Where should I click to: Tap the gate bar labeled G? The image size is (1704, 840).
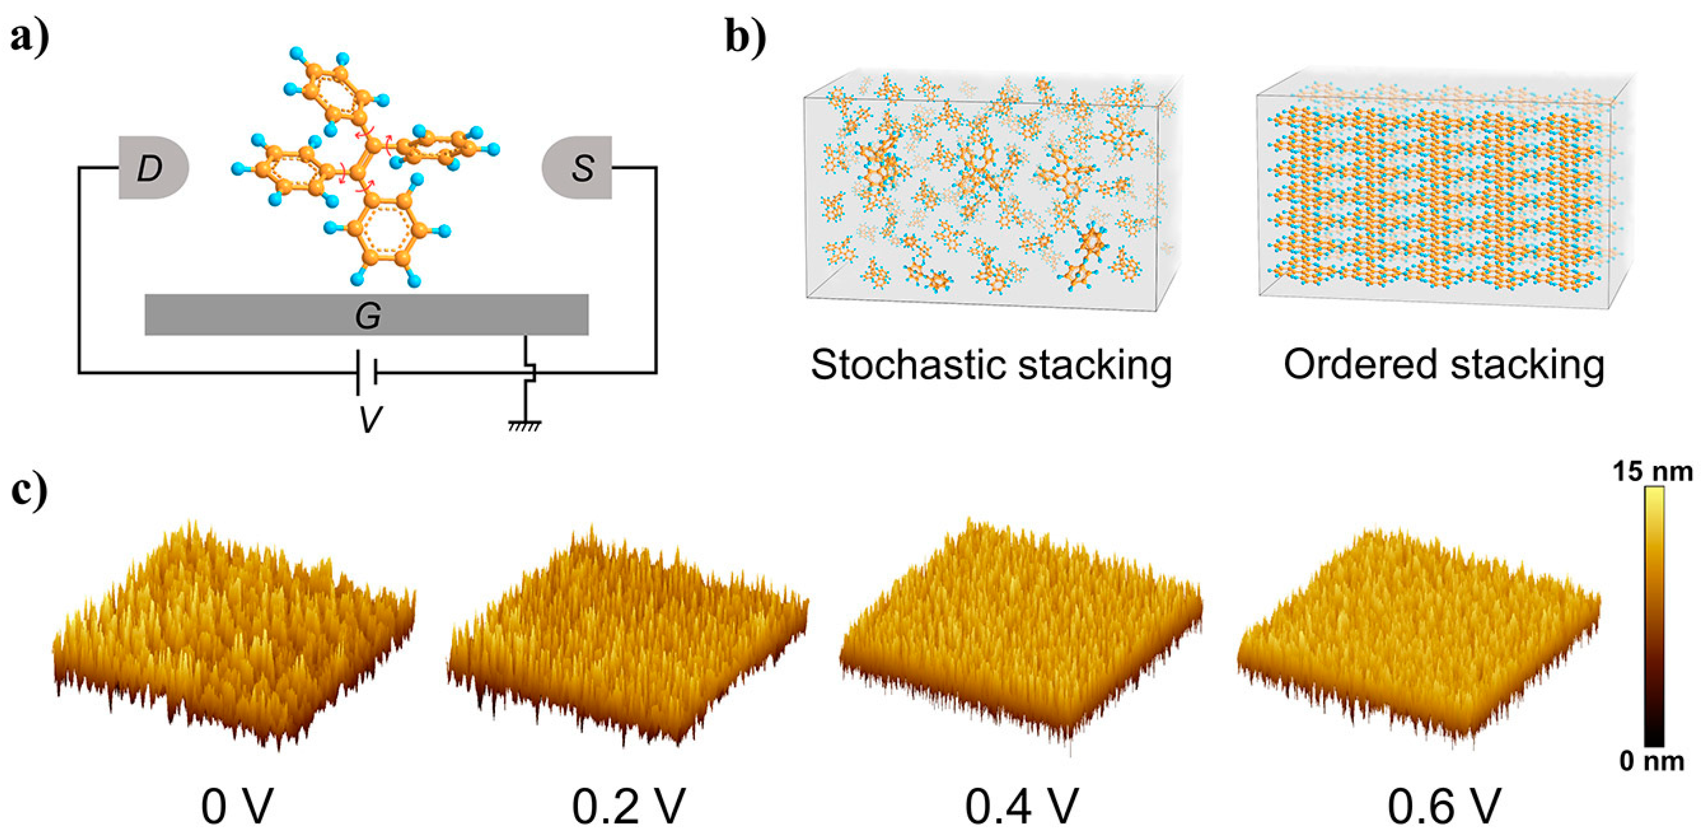click(x=367, y=315)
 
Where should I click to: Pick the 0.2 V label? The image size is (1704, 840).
click(x=628, y=806)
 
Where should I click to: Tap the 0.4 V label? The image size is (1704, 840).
click(x=1022, y=806)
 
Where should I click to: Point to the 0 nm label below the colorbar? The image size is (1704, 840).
click(x=1652, y=761)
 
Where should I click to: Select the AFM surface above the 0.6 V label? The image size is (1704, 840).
click(x=1419, y=629)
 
